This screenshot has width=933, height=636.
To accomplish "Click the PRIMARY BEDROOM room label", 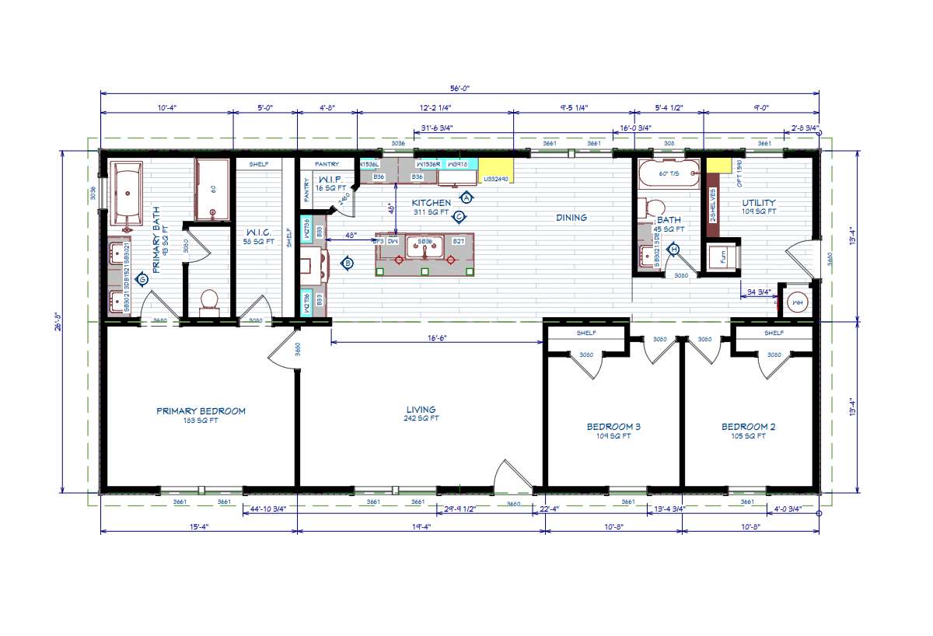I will click(x=201, y=411).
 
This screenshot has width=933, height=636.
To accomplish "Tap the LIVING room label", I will click(x=421, y=410).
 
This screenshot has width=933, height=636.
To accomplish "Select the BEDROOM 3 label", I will click(x=613, y=427).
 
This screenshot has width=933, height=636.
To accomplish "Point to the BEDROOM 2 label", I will click(x=748, y=427).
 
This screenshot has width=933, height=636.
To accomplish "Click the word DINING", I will click(x=571, y=218).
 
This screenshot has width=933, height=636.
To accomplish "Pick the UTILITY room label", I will click(x=758, y=203).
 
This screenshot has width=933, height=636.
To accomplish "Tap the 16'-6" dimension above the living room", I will click(x=435, y=338).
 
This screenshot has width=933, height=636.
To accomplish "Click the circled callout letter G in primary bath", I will click(x=142, y=278).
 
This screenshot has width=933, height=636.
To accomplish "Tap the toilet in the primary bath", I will click(x=209, y=302).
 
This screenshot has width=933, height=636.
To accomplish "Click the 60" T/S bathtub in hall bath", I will click(x=669, y=174).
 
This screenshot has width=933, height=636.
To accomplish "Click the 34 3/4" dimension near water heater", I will click(x=757, y=292).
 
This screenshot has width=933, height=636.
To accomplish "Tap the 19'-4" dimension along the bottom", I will click(x=421, y=526).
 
